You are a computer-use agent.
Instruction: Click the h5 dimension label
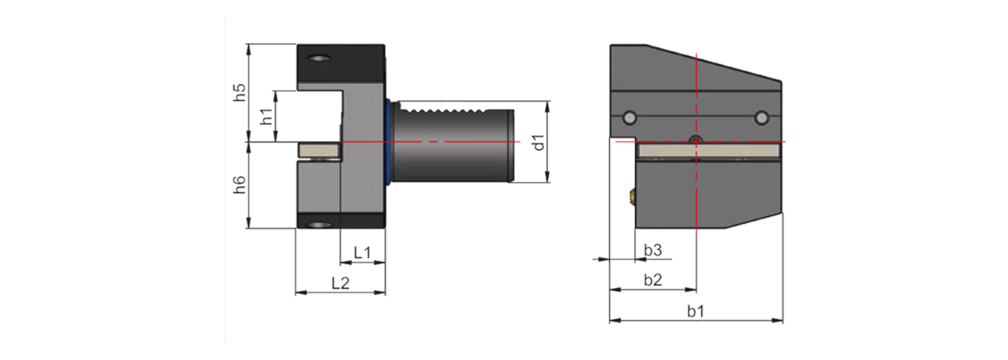pyautogui.click(x=241, y=92)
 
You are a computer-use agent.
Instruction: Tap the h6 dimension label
pyautogui.click(x=241, y=185)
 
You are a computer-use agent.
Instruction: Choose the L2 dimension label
pyautogui.click(x=340, y=283)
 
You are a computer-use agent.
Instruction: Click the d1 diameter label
pyautogui.click(x=539, y=142)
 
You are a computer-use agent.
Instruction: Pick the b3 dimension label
pyautogui.click(x=652, y=250)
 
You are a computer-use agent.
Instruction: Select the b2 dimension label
pyautogui.click(x=652, y=280)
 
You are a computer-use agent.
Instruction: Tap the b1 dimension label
pyautogui.click(x=696, y=311)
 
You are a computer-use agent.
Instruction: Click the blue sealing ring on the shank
pyautogui.click(x=390, y=142)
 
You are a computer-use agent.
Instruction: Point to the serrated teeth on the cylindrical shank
pyautogui.click(x=439, y=112)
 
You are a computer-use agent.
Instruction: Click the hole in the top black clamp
pyautogui.click(x=318, y=58)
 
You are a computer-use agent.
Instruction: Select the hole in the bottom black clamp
pyautogui.click(x=318, y=226)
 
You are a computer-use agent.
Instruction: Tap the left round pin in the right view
pyautogui.click(x=630, y=117)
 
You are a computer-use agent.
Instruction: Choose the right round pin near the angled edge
pyautogui.click(x=762, y=117)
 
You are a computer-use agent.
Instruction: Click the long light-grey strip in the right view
pyautogui.click(x=709, y=150)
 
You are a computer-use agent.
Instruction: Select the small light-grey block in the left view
pyautogui.click(x=318, y=150)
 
